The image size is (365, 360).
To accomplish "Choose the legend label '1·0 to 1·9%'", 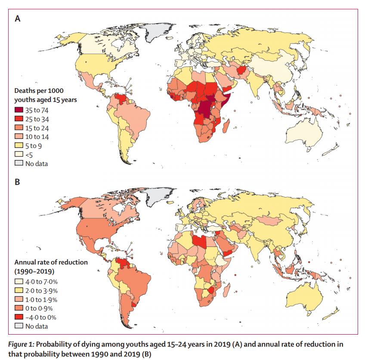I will pos(42,299).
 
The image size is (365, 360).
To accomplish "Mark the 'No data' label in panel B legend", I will pos(37,326).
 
